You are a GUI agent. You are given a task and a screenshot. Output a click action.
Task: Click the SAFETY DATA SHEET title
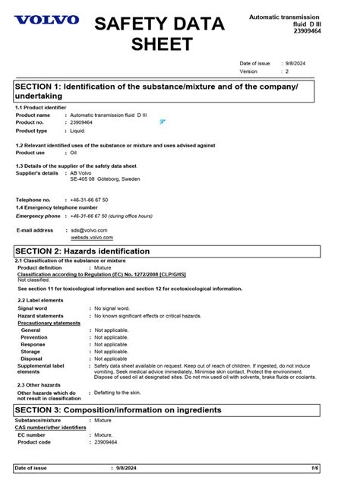[x=159, y=33]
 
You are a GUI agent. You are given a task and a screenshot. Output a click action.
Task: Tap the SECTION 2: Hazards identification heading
[x=82, y=251]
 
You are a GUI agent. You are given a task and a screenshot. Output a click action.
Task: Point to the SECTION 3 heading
[x=118, y=410]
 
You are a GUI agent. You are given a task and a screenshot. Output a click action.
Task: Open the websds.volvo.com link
[x=91, y=238]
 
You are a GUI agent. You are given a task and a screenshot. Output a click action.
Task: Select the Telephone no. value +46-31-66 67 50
[x=89, y=200]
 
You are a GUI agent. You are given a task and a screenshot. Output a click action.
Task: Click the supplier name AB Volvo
[x=81, y=173]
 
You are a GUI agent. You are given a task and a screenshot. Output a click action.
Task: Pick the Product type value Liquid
[x=77, y=131]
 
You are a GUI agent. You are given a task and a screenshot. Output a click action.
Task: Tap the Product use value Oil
[x=74, y=153]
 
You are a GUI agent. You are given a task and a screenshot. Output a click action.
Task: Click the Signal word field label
[x=32, y=308]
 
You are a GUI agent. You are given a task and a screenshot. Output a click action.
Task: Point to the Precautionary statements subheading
[x=49, y=323]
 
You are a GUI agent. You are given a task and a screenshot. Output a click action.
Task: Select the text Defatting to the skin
[x=118, y=393]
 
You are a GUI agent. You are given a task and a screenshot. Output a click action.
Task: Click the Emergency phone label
[x=38, y=216]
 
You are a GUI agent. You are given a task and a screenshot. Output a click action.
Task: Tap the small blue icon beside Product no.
[x=163, y=122]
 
